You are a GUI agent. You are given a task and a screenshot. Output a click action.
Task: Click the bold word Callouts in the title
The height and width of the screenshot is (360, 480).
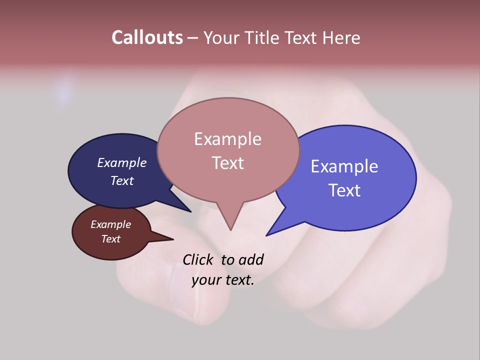[147, 37]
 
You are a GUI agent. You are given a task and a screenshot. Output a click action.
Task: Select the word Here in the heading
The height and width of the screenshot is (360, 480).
[341, 37]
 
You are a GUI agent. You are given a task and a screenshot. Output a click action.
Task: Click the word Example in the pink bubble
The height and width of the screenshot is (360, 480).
[227, 139]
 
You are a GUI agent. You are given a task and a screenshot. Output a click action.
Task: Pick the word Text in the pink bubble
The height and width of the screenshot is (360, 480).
[227, 163]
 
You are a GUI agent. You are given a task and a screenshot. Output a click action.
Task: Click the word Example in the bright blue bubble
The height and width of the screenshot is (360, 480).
[344, 166]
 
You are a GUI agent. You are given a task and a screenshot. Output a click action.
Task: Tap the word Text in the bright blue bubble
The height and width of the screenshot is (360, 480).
[344, 190]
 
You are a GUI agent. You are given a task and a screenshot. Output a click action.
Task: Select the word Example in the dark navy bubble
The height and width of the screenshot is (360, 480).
[121, 162]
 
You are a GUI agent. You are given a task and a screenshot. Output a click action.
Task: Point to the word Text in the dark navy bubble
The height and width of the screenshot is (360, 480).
[121, 180]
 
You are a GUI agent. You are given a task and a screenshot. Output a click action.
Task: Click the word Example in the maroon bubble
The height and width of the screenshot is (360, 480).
[110, 224]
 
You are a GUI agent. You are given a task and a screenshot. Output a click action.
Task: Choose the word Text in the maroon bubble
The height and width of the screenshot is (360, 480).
[110, 239]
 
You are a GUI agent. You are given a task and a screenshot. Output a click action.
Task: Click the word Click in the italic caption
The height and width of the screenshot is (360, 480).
[198, 259]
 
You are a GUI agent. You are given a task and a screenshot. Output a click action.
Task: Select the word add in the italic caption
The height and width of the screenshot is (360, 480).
[250, 259]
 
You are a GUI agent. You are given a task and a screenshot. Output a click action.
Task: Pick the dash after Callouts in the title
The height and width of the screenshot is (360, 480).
[193, 38]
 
